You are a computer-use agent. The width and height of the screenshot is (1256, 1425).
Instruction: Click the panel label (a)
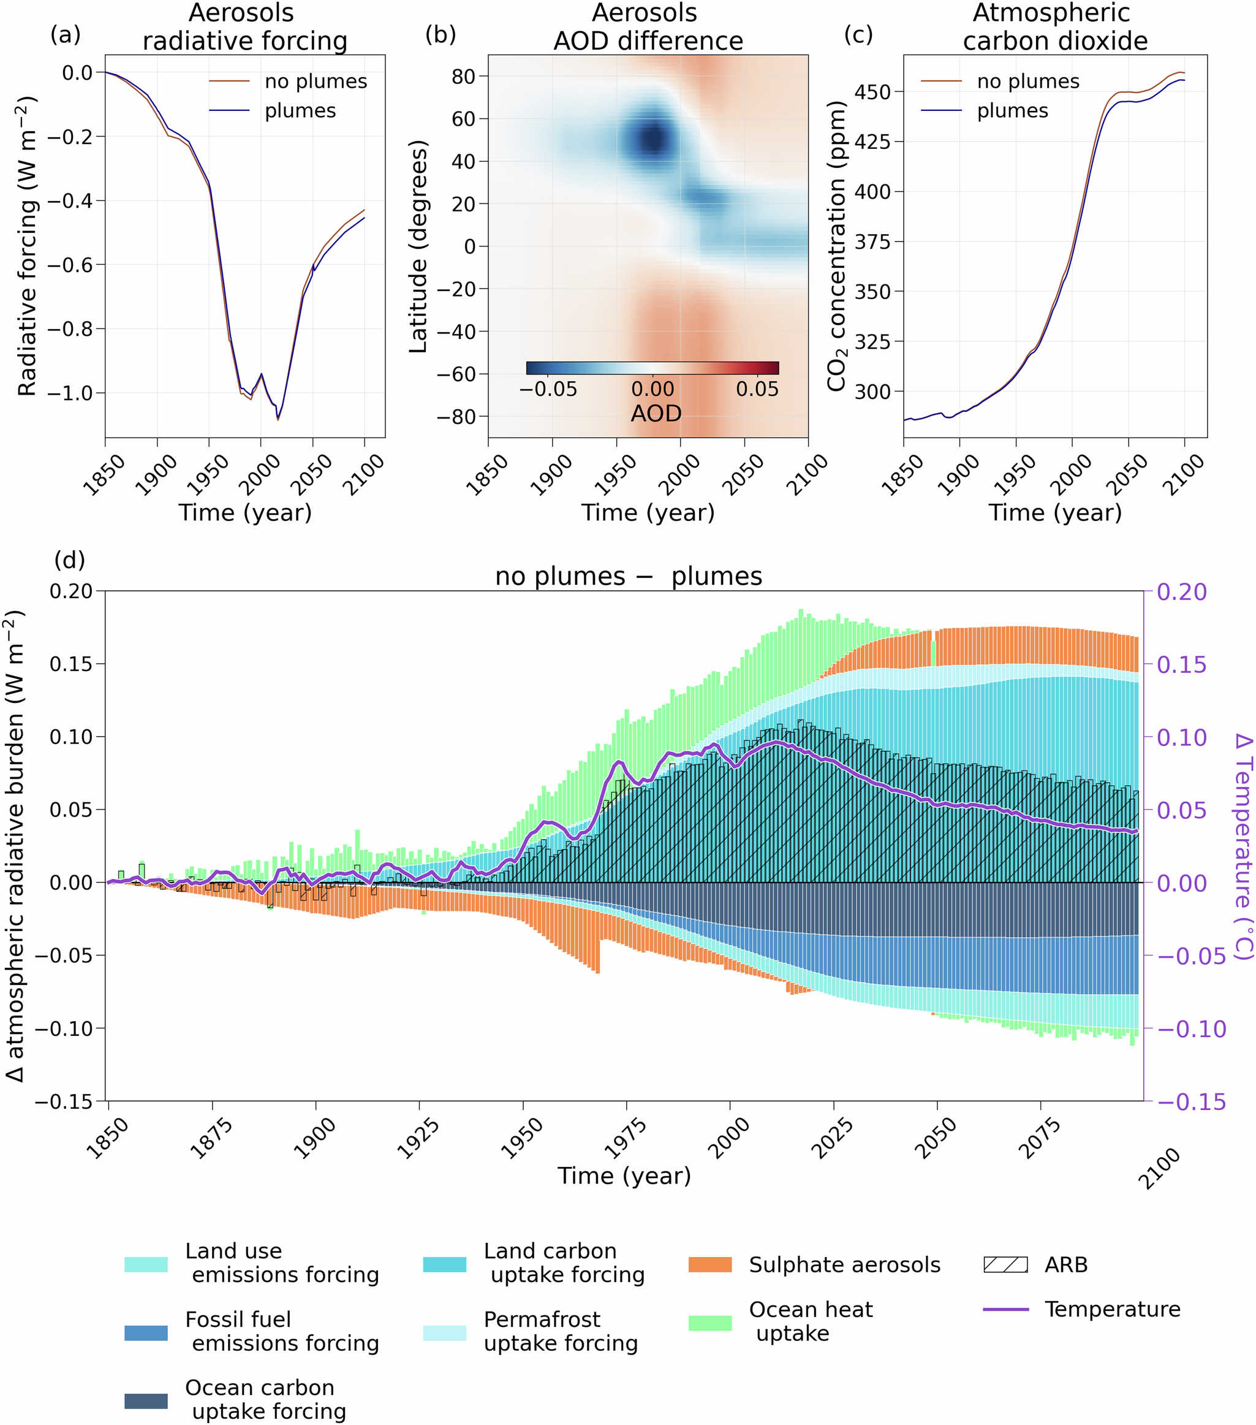point(66,34)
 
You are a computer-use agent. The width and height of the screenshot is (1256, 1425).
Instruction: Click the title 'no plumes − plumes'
point(628,577)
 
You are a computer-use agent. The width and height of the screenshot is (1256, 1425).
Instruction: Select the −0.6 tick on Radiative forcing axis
point(70,265)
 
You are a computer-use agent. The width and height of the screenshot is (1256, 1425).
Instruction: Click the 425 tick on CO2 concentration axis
point(873,142)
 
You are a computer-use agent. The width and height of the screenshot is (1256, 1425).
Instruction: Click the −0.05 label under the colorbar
point(548,389)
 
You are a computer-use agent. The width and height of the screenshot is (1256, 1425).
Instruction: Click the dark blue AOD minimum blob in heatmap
point(653,139)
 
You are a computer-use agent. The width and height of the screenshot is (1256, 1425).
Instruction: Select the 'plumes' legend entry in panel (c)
point(1012,111)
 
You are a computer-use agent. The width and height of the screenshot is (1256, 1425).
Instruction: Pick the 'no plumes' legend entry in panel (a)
point(316,82)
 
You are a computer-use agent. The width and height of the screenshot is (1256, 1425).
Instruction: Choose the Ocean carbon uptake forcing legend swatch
point(146,1401)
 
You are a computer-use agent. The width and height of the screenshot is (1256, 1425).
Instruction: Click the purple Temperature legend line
point(1005,1309)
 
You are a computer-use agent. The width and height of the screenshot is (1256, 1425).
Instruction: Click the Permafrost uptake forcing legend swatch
point(444,1333)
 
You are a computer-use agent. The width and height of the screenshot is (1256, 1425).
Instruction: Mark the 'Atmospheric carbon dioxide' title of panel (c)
point(1054,27)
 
